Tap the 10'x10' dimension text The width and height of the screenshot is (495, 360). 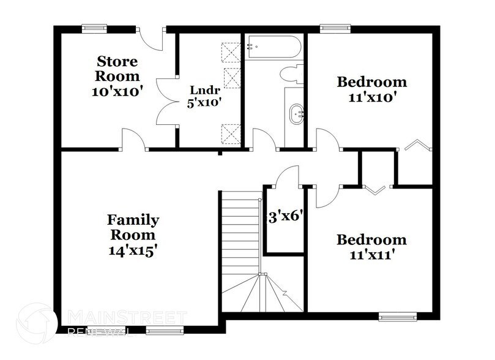pos(119,92)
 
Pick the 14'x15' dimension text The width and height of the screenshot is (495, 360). pos(133,250)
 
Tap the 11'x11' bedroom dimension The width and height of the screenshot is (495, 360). pos(371,255)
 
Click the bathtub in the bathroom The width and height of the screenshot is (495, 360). pos(273,47)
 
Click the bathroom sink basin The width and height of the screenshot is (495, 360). pos(298,113)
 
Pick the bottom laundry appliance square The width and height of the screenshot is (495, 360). pos(231,132)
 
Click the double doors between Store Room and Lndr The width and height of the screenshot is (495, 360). pos(166,102)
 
